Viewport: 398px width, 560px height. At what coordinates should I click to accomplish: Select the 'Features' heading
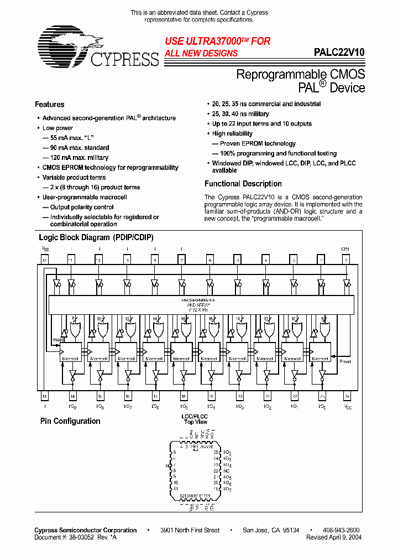49,105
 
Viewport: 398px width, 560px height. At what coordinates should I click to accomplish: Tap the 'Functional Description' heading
243,184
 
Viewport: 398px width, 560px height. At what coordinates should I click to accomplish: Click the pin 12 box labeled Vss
44,260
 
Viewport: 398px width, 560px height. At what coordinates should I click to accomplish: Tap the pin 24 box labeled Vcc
347,396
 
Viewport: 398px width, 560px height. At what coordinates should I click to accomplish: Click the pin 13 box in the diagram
44,396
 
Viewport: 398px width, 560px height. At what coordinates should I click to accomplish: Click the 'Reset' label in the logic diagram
57,340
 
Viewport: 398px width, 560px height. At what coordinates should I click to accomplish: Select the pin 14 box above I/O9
72,396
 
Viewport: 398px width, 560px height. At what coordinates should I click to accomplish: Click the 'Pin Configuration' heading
70,421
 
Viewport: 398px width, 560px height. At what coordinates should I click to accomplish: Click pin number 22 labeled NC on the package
216,470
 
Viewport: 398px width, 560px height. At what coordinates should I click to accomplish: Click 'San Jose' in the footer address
255,530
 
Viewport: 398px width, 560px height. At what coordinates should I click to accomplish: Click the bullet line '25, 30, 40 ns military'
240,114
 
